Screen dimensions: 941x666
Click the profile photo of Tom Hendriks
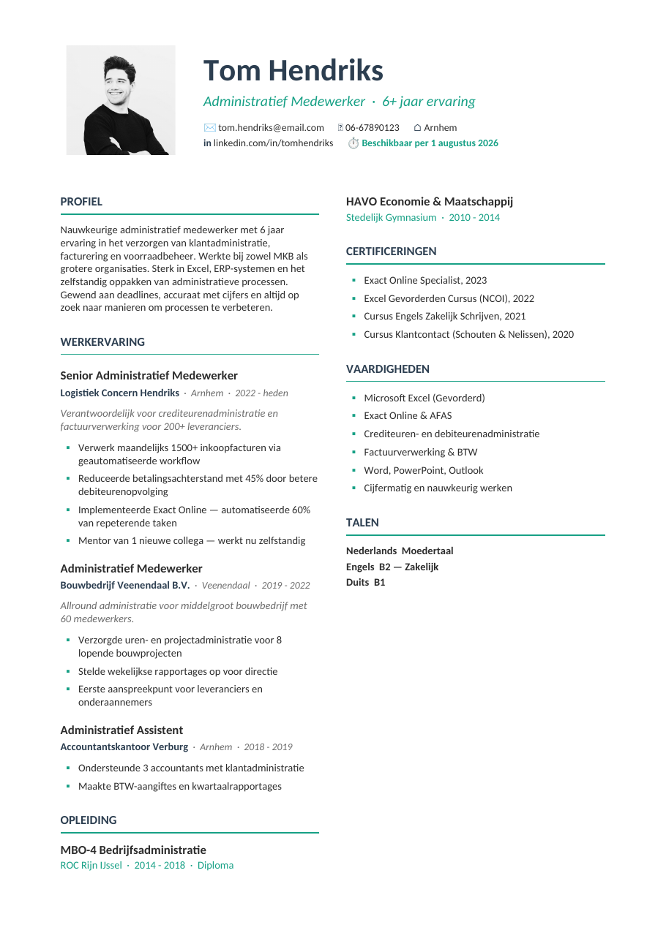[x=121, y=100]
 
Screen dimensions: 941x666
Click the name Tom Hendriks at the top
[x=293, y=71]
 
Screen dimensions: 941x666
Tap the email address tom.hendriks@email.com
[x=271, y=128]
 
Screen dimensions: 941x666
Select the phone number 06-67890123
[x=373, y=128]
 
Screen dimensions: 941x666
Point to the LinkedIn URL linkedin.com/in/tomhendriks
[x=273, y=143]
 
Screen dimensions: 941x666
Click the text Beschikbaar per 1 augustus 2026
[x=430, y=143]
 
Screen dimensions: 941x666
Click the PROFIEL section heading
[x=81, y=202]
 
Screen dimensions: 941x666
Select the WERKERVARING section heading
[x=102, y=342]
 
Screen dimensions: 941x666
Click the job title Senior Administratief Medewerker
[x=149, y=376]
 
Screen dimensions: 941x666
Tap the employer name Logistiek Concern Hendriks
[x=119, y=393]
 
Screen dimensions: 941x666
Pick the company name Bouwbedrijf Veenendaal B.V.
[x=124, y=586]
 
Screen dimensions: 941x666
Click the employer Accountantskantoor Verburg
[x=124, y=747]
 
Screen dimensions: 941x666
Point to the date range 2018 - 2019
[x=268, y=747]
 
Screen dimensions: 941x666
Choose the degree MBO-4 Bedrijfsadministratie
[x=133, y=850]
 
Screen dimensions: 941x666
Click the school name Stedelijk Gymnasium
[x=391, y=218]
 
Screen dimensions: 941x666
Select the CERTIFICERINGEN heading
[x=391, y=252]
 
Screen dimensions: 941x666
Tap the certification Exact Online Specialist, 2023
[x=424, y=281]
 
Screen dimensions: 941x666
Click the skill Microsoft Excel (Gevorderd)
[x=424, y=398]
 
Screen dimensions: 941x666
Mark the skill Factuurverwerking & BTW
[x=420, y=453]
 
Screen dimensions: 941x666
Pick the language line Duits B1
[x=365, y=583]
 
